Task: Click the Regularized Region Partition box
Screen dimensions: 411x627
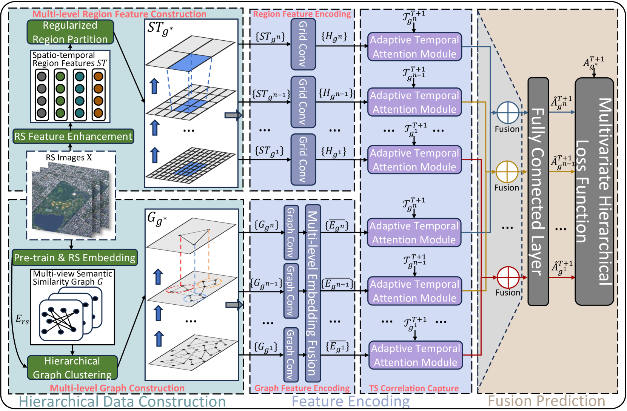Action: pos(70,32)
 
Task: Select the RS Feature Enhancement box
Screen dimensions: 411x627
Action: pos(73,136)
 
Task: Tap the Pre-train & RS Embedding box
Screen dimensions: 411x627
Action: pos(74,258)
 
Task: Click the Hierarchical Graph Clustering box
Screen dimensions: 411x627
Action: pos(72,368)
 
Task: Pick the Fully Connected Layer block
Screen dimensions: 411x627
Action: pos(538,191)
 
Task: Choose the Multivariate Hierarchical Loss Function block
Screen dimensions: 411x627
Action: pos(594,191)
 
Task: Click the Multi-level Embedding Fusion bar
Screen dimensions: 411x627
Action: pos(313,293)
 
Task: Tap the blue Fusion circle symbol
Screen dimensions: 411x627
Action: pos(508,113)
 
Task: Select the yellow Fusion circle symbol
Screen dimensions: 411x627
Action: pos(507,172)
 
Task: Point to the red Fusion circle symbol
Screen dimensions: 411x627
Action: pos(508,278)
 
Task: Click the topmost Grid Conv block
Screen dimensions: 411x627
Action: pos(303,44)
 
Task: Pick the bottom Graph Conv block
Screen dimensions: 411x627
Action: pos(291,354)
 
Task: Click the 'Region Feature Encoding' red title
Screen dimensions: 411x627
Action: pos(302,14)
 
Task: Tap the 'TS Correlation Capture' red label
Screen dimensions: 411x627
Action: pos(414,388)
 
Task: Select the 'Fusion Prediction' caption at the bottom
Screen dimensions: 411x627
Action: pos(546,401)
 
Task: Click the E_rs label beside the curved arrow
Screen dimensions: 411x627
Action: pos(22,319)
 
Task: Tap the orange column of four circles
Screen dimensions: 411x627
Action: pos(98,95)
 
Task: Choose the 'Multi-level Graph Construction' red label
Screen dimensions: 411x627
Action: pos(117,388)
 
